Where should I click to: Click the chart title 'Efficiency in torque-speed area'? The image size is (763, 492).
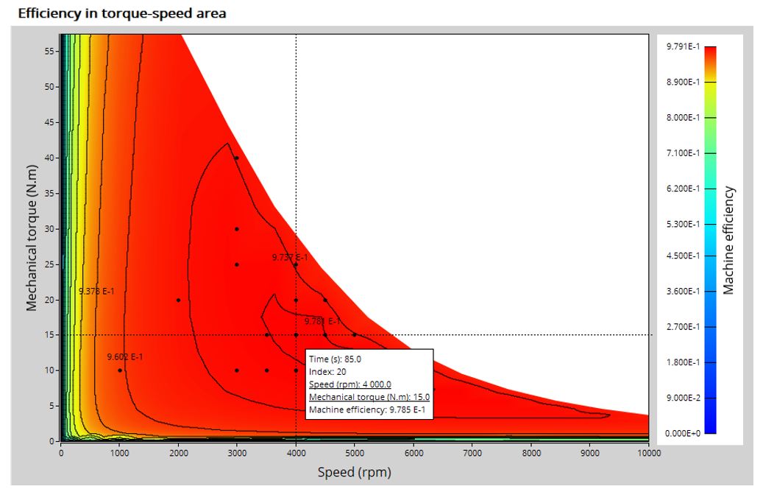coord(121,13)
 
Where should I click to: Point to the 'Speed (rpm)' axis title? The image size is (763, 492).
coord(354,472)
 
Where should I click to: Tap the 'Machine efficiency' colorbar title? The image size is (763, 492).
coord(728,240)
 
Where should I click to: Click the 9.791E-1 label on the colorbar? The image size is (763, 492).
coord(682,46)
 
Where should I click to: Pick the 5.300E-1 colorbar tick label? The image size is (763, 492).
coord(682,224)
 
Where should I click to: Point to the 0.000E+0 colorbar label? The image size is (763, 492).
coord(682,433)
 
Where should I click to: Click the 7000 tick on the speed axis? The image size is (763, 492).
coord(472,453)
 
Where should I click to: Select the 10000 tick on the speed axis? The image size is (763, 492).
coord(647,453)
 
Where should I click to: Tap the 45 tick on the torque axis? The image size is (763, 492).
coord(49,122)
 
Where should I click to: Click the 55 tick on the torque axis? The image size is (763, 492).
coord(49,51)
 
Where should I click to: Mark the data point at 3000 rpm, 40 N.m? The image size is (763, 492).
coord(237,158)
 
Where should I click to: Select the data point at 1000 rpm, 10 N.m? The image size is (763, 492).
coord(120,370)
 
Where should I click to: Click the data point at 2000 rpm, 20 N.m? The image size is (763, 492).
coord(178,300)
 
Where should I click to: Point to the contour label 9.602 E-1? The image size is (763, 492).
coord(125,357)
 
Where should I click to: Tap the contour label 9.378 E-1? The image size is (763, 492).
coord(96,292)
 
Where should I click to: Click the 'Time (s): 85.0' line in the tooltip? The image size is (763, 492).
coord(335,359)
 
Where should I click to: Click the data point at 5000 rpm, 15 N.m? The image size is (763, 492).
coord(354,335)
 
